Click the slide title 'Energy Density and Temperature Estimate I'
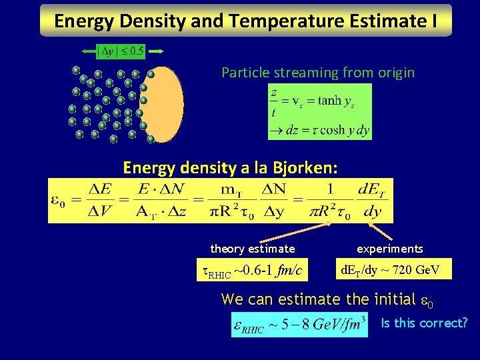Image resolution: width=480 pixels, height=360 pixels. (245, 21)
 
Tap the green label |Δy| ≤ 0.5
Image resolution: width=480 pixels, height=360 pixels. (121, 51)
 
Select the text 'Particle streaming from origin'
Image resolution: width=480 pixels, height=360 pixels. (318, 72)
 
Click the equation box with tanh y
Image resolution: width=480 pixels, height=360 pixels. (319, 112)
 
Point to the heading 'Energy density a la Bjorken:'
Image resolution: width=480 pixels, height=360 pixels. (230, 167)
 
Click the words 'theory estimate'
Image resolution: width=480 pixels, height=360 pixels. (252, 249)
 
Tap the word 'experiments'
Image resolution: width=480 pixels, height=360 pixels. (389, 249)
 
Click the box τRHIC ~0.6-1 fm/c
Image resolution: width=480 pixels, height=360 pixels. (252, 270)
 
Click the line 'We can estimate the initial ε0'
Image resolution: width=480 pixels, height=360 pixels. (327, 299)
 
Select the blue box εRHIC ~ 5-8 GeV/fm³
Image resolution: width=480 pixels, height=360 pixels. (299, 325)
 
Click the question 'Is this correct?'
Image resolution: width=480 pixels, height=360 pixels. (424, 323)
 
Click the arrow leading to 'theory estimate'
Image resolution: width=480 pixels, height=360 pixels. (293, 233)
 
